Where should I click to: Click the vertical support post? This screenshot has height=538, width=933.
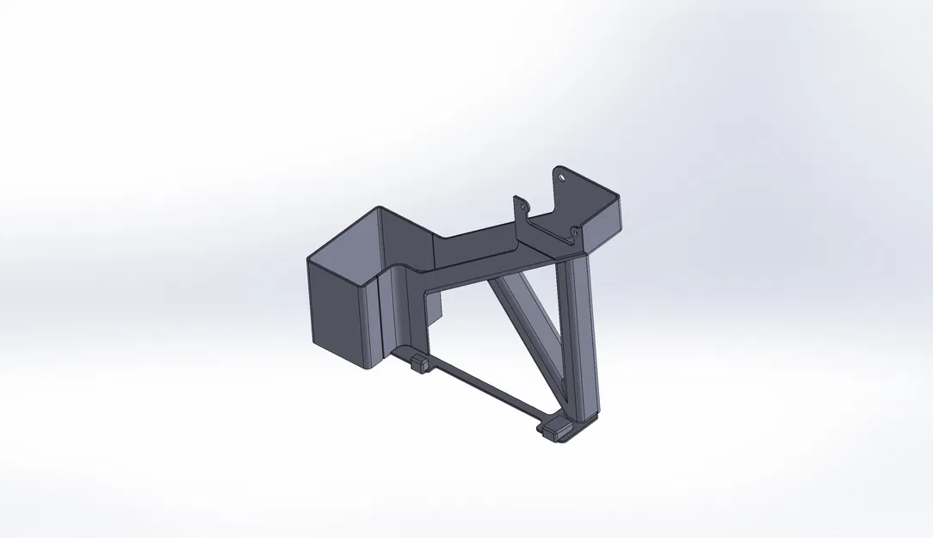[578, 336]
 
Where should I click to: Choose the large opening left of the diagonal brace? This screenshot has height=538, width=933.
[482, 336]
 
